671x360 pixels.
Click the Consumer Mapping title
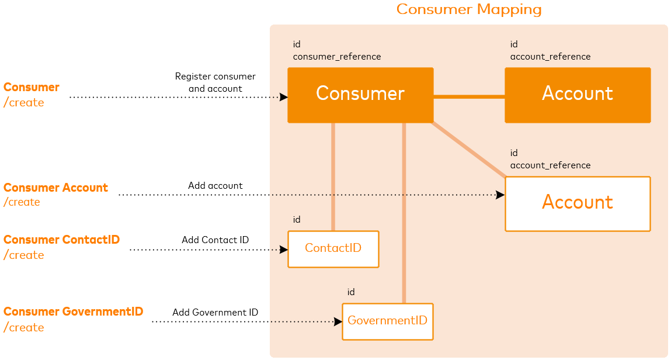point(469,10)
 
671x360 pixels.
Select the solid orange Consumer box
point(360,95)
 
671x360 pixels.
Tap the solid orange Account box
point(578,95)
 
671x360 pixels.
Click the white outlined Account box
point(578,203)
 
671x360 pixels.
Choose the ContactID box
point(333,249)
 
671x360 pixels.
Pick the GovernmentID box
point(387,321)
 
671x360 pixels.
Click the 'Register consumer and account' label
point(215,82)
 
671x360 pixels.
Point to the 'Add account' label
point(215,186)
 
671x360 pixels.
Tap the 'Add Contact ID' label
point(215,240)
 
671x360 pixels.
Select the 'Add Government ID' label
point(215,313)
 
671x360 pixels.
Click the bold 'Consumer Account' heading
point(55,188)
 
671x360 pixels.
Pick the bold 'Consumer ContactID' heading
point(61,240)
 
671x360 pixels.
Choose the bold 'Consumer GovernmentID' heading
point(73,312)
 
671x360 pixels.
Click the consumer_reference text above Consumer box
point(337,57)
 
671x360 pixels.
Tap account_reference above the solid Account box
point(550,57)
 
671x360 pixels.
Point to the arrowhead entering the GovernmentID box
point(338,321)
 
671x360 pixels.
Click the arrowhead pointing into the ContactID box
point(284,250)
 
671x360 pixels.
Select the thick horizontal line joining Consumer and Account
point(469,97)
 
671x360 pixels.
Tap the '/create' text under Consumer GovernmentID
point(24,327)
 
